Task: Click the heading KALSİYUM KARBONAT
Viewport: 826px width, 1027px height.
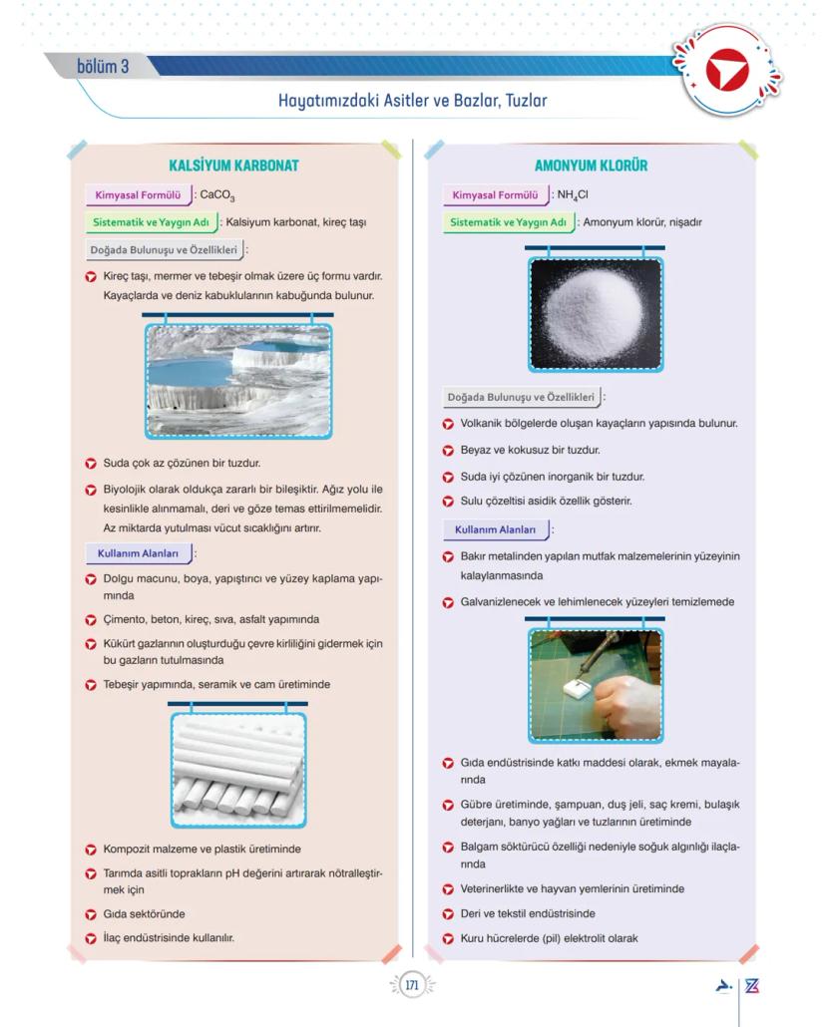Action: click(x=234, y=166)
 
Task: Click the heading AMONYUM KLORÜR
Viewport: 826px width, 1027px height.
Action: click(x=591, y=166)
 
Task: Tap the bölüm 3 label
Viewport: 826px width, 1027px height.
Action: click(x=103, y=67)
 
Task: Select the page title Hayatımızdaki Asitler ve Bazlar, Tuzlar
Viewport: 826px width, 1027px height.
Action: click(x=413, y=101)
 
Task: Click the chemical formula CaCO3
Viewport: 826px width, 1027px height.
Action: click(x=216, y=196)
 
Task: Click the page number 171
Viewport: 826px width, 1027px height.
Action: click(x=412, y=985)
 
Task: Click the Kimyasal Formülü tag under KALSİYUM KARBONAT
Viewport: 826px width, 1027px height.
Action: click(x=136, y=195)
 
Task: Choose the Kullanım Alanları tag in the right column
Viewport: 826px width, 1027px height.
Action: click(x=495, y=530)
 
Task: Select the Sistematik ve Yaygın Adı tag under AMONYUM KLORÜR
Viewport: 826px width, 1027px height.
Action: click(x=508, y=222)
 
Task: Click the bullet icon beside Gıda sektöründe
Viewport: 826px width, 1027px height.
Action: click(x=91, y=913)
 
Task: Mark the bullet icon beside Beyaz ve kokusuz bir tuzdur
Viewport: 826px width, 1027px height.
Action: click(x=448, y=451)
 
